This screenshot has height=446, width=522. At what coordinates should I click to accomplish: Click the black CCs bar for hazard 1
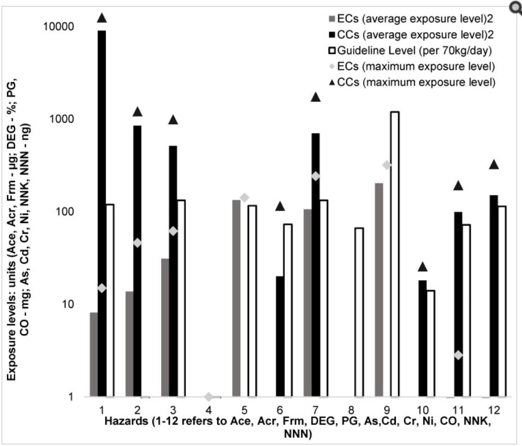click(x=102, y=213)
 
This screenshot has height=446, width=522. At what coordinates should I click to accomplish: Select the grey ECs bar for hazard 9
click(x=379, y=290)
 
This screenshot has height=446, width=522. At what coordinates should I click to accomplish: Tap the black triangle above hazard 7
click(x=315, y=97)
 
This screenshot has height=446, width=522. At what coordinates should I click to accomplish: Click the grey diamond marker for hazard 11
click(x=458, y=355)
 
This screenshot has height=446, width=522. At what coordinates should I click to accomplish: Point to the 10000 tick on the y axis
click(x=60, y=26)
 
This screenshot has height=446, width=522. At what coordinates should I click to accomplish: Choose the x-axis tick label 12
click(x=494, y=408)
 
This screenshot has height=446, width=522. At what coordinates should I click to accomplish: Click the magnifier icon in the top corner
click(x=515, y=7)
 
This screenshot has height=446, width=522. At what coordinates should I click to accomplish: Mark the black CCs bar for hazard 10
click(x=422, y=338)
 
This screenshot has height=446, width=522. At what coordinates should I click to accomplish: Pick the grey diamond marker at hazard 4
click(x=209, y=396)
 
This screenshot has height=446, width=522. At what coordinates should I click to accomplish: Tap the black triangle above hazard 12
click(x=494, y=164)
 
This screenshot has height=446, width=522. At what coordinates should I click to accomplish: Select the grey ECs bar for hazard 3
click(x=165, y=327)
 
